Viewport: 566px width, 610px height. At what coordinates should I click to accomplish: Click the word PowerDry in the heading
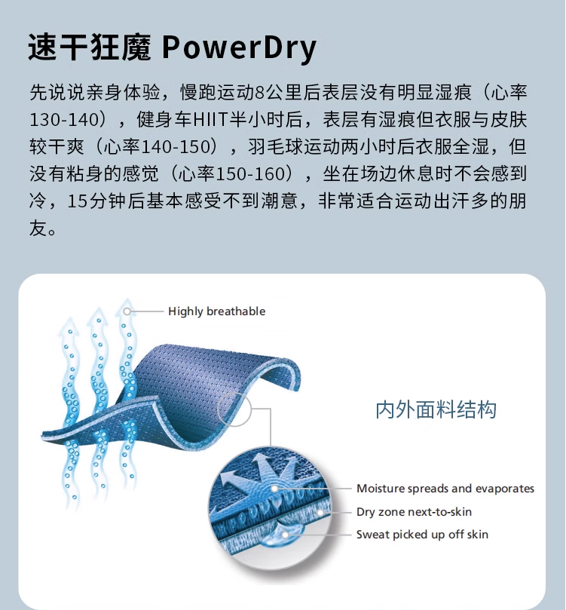[x=239, y=48]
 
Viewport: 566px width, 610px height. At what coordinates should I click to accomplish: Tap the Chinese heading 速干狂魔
[x=90, y=48]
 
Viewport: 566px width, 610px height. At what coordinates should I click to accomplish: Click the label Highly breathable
[x=216, y=311]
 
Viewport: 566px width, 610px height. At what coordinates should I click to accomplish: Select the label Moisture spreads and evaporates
[x=445, y=489]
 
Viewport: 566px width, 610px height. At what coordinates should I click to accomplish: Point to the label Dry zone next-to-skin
[x=414, y=512]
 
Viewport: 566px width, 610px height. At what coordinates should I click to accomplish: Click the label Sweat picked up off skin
[x=422, y=535]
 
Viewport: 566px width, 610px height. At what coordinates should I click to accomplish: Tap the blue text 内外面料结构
[x=436, y=409]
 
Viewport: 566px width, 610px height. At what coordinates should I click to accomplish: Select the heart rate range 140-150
[x=176, y=147]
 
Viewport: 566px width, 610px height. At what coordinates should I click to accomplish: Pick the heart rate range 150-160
[x=250, y=174]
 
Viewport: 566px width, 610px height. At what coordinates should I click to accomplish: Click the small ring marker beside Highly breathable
[x=127, y=311]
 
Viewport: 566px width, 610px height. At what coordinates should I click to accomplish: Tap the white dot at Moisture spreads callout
[x=274, y=489]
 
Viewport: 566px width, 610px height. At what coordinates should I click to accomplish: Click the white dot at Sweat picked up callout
[x=286, y=535]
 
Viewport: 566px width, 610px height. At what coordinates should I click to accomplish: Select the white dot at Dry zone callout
[x=320, y=512]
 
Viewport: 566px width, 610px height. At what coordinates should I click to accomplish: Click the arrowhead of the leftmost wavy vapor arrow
[x=69, y=326]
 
